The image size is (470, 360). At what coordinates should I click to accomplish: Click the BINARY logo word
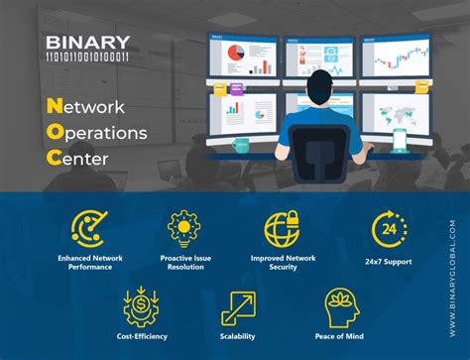pyautogui.click(x=88, y=42)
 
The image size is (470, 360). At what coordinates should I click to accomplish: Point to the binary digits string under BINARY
pyautogui.click(x=88, y=58)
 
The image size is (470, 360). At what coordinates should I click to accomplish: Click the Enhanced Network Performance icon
pyautogui.click(x=88, y=229)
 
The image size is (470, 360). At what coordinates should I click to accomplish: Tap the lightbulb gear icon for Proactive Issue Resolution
pyautogui.click(x=184, y=229)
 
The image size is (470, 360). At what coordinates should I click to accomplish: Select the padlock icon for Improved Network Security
pyautogui.click(x=282, y=229)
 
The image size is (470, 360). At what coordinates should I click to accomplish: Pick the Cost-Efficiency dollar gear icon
pyautogui.click(x=140, y=307)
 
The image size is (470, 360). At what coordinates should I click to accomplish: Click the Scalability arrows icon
pyautogui.click(x=237, y=308)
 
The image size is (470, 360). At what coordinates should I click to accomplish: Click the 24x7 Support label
pyautogui.click(x=389, y=262)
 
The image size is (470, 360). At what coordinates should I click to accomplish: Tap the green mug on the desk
pyautogui.click(x=241, y=144)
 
